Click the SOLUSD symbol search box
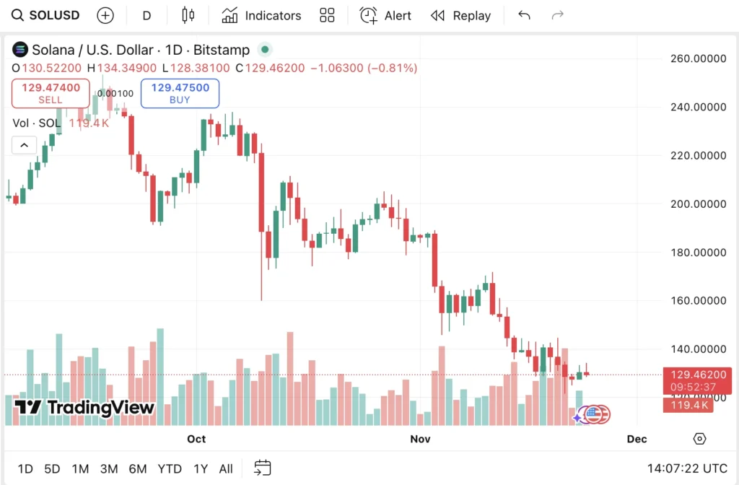(x=46, y=15)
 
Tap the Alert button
(x=386, y=15)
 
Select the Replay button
(x=460, y=15)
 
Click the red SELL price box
(x=51, y=93)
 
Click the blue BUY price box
(x=180, y=93)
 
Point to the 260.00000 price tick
(x=697, y=58)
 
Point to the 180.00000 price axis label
(x=697, y=252)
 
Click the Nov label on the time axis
(x=420, y=439)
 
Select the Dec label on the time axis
(x=637, y=439)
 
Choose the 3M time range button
(x=109, y=469)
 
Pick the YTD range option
(x=170, y=469)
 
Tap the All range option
(x=226, y=469)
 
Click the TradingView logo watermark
(x=85, y=408)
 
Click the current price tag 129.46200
(x=697, y=375)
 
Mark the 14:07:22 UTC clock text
(x=687, y=469)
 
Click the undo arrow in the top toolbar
(x=525, y=15)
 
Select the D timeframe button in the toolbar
(x=147, y=15)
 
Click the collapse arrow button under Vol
(x=24, y=145)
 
